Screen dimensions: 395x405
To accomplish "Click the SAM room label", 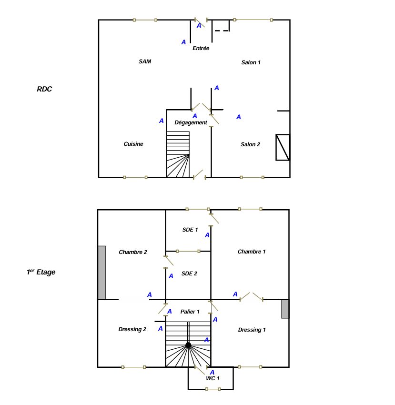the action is click(145, 61).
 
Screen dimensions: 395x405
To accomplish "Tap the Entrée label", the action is click(201, 48).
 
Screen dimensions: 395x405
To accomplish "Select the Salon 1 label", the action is click(251, 62).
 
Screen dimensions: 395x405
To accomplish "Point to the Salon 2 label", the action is click(250, 144).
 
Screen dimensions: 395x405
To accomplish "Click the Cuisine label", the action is click(133, 144).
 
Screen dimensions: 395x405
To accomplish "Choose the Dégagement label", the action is click(191, 122).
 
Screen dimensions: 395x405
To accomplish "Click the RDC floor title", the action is click(44, 89).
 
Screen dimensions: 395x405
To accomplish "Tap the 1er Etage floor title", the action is click(41, 272).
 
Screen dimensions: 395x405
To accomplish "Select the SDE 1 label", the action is click(190, 230).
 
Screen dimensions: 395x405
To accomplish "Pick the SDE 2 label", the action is click(189, 273).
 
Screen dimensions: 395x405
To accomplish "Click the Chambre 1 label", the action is click(252, 252).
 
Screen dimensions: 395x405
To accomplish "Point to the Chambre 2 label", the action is click(133, 252).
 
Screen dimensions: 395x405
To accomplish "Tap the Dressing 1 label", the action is click(252, 330).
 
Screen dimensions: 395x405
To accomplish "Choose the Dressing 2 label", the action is click(132, 329).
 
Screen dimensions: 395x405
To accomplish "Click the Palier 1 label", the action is click(190, 312).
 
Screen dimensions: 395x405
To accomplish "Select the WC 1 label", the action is click(213, 378).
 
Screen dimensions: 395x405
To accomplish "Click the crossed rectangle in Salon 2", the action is click(283, 147).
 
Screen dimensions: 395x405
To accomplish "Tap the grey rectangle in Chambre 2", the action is click(102, 273).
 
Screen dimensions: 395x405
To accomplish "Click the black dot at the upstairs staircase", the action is click(188, 345).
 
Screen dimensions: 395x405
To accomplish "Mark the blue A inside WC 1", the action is click(212, 372).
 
